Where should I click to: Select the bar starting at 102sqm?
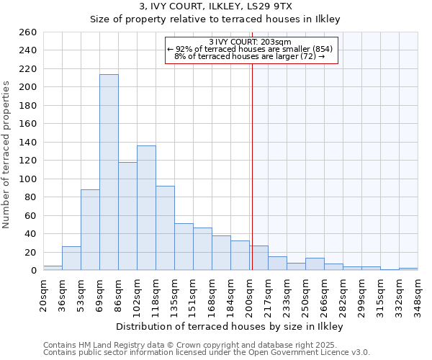pos(146,208)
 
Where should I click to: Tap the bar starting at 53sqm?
pos(90,230)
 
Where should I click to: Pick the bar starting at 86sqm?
pos(127,216)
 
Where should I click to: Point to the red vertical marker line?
pos(252,158)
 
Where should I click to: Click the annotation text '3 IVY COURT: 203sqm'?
pos(250,42)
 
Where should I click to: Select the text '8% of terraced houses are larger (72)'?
pos(250,56)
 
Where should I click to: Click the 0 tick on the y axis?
pos(32,271)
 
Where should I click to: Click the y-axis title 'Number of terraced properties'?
pos(7,155)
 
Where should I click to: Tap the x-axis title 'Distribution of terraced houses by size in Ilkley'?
pos(230,327)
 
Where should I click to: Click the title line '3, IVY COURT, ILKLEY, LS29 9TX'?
pos(215,6)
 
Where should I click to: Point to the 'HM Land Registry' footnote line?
pos(206,345)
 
